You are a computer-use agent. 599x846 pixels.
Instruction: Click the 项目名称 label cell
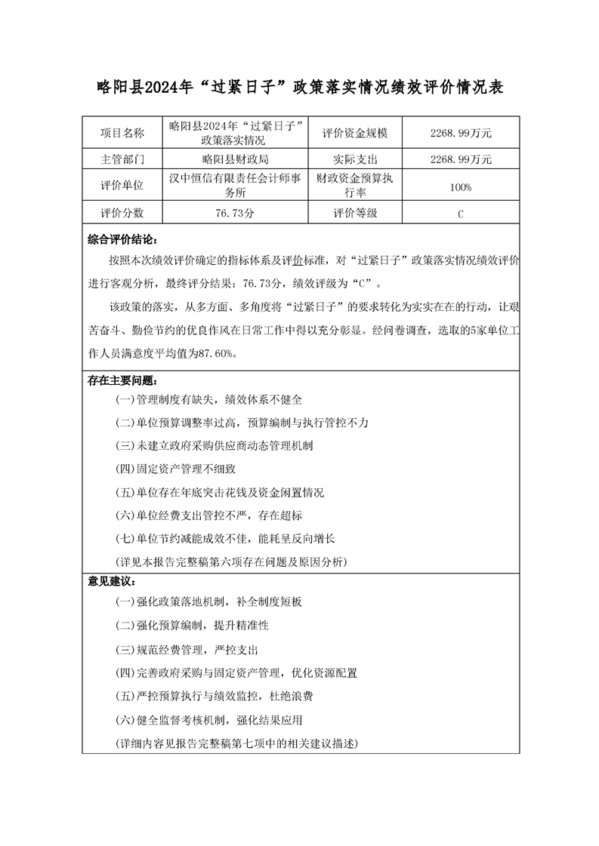tap(122, 134)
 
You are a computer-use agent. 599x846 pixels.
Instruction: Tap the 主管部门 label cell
tap(122, 160)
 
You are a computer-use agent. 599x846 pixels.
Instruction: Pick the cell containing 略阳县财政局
tap(236, 160)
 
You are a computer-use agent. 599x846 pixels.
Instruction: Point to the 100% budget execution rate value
tap(460, 186)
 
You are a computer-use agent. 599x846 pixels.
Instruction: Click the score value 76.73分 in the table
tap(236, 214)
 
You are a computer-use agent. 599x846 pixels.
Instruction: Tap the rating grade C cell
tap(460, 214)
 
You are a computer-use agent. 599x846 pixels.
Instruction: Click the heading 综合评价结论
tap(122, 241)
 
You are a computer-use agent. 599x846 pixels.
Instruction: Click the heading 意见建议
tap(111, 583)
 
